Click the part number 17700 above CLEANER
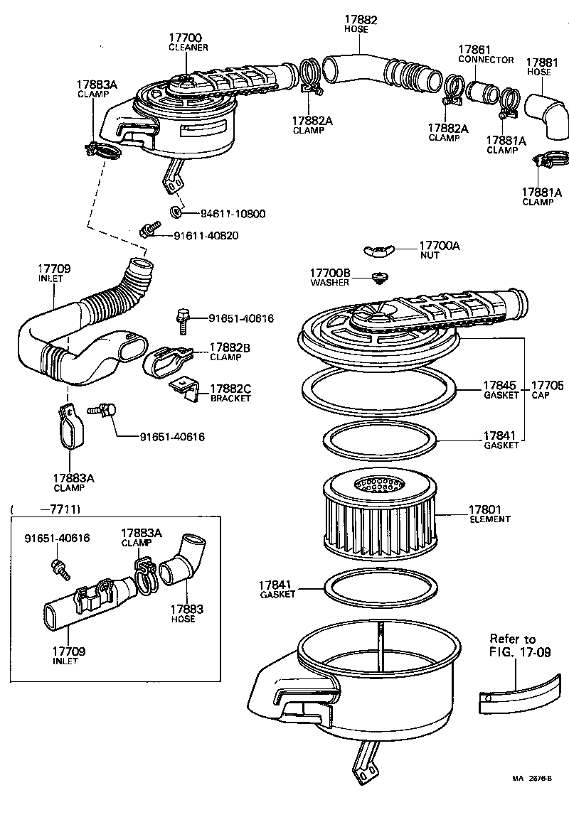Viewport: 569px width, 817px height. tap(187, 37)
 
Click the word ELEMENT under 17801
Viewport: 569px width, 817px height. tap(489, 519)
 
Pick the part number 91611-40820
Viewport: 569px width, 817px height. tap(206, 235)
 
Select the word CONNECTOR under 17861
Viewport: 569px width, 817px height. tap(485, 60)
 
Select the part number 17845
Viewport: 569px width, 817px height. tap(501, 386)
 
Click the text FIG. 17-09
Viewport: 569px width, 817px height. tap(519, 652)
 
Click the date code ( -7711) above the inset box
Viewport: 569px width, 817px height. tap(46, 509)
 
